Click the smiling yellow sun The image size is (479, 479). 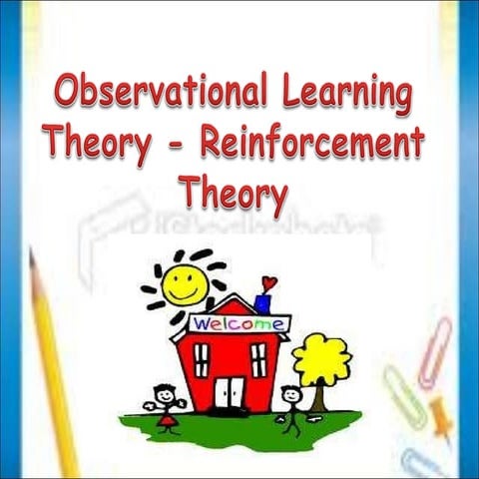point(185,281)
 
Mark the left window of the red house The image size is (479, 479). point(201,358)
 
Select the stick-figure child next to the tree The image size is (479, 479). point(290,404)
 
